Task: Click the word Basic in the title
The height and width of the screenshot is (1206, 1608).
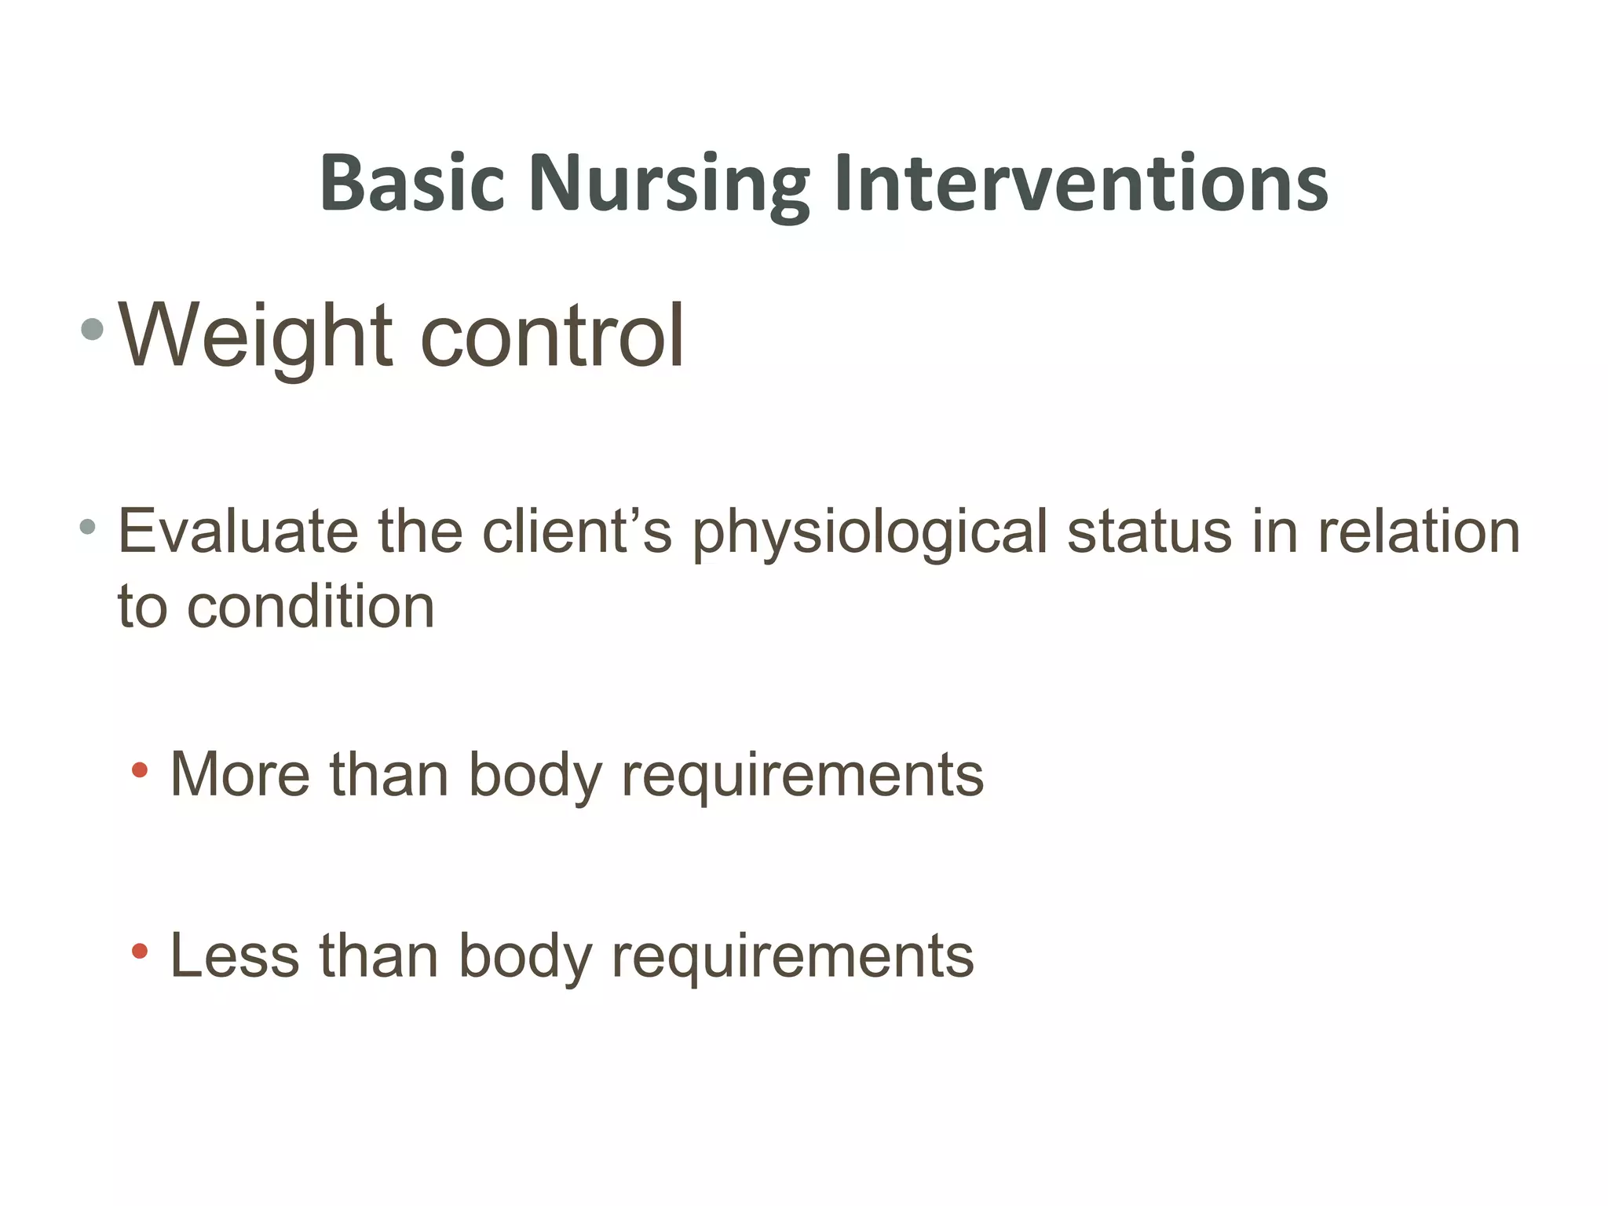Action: (x=411, y=182)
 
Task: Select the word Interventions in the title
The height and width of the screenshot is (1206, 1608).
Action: (x=1081, y=182)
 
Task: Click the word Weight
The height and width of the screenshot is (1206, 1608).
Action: (x=254, y=336)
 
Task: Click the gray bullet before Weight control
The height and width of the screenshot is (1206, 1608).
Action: (x=92, y=330)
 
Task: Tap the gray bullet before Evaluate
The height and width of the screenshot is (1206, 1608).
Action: (x=87, y=526)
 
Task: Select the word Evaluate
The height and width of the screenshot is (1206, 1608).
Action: (x=238, y=532)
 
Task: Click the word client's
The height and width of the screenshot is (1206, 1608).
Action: (x=577, y=532)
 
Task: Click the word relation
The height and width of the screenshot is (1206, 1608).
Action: (x=1418, y=532)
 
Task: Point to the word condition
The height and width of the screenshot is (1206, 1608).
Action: (x=310, y=607)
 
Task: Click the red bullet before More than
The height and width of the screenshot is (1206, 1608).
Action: (x=140, y=770)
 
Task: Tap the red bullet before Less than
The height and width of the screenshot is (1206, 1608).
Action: (x=140, y=952)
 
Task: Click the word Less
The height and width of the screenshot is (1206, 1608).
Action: (x=235, y=956)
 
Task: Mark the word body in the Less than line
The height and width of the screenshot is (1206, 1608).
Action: (x=524, y=957)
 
